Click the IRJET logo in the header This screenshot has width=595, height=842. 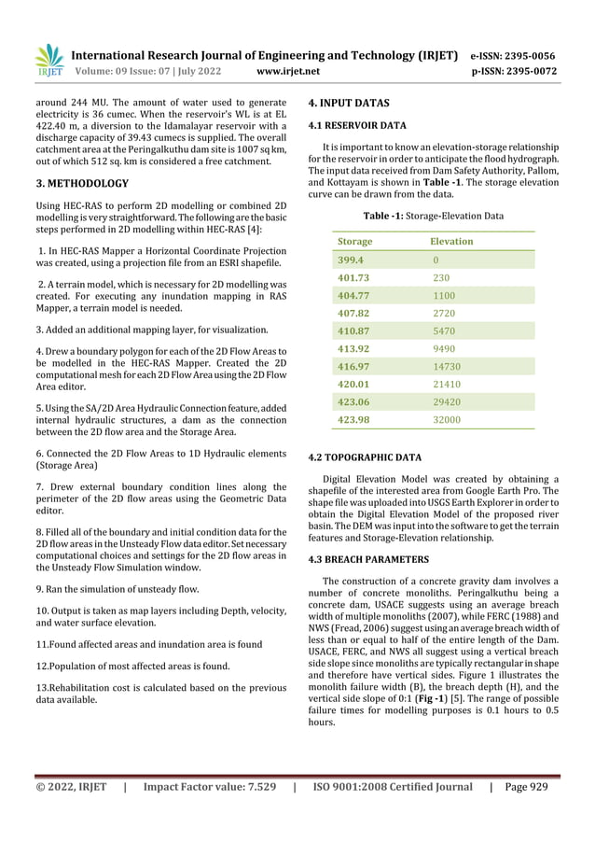(x=49, y=61)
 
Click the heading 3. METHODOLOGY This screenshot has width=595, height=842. (x=82, y=183)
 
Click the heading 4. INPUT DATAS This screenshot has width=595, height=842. (x=349, y=103)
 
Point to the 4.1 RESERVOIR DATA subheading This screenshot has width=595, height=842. (x=357, y=125)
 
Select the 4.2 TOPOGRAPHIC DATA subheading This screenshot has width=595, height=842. (x=365, y=458)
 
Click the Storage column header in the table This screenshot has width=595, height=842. (x=354, y=241)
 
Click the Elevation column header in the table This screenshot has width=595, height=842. (x=452, y=241)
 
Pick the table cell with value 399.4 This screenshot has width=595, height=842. (x=350, y=260)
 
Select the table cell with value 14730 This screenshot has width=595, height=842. (x=448, y=367)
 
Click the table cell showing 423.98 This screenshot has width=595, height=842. (x=353, y=420)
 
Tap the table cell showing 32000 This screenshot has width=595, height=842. (x=448, y=420)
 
